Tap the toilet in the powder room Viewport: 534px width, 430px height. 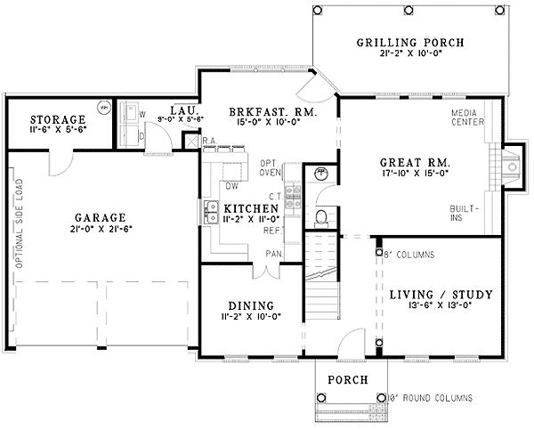pos(323,216)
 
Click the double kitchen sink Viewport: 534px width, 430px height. pos(211,212)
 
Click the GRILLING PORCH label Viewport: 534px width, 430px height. pos(410,43)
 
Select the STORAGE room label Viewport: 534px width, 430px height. pos(57,119)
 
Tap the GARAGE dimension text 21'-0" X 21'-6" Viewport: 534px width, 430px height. pos(87,230)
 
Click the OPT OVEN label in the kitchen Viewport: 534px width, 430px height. pos(271,167)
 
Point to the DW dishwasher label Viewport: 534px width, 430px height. pos(231,186)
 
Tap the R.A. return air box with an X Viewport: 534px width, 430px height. pos(190,140)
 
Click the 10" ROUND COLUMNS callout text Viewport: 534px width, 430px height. pos(431,397)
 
